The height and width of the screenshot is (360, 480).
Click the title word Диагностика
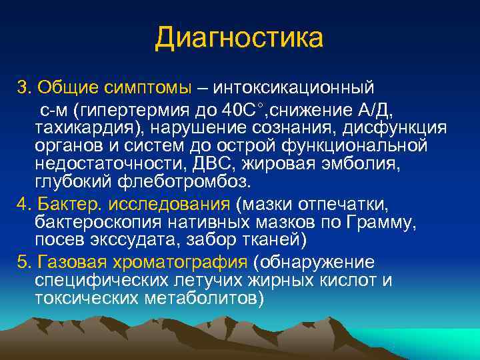click(x=239, y=37)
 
